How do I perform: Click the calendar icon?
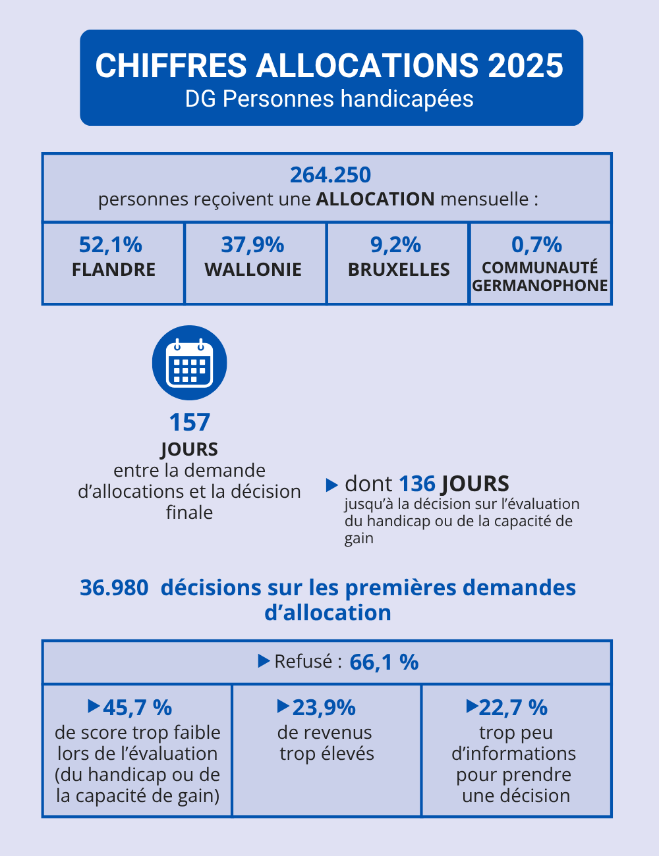[190, 363]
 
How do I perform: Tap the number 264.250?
[330, 175]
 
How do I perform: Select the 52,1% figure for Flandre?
[111, 245]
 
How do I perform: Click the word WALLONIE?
[253, 270]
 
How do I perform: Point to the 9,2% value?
[395, 245]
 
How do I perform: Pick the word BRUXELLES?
[399, 270]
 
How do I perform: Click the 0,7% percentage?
[536, 245]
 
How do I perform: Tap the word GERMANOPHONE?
[540, 286]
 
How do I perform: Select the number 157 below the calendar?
[189, 422]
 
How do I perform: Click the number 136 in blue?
[417, 484]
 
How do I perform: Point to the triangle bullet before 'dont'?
[332, 485]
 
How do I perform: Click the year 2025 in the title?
[525, 66]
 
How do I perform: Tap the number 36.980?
[114, 587]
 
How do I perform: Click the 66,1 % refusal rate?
[384, 662]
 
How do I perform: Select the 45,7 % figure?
[137, 708]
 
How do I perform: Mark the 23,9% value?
[324, 708]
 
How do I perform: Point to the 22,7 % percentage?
[513, 708]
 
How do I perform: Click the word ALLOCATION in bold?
[375, 199]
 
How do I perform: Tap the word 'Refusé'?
[303, 662]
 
